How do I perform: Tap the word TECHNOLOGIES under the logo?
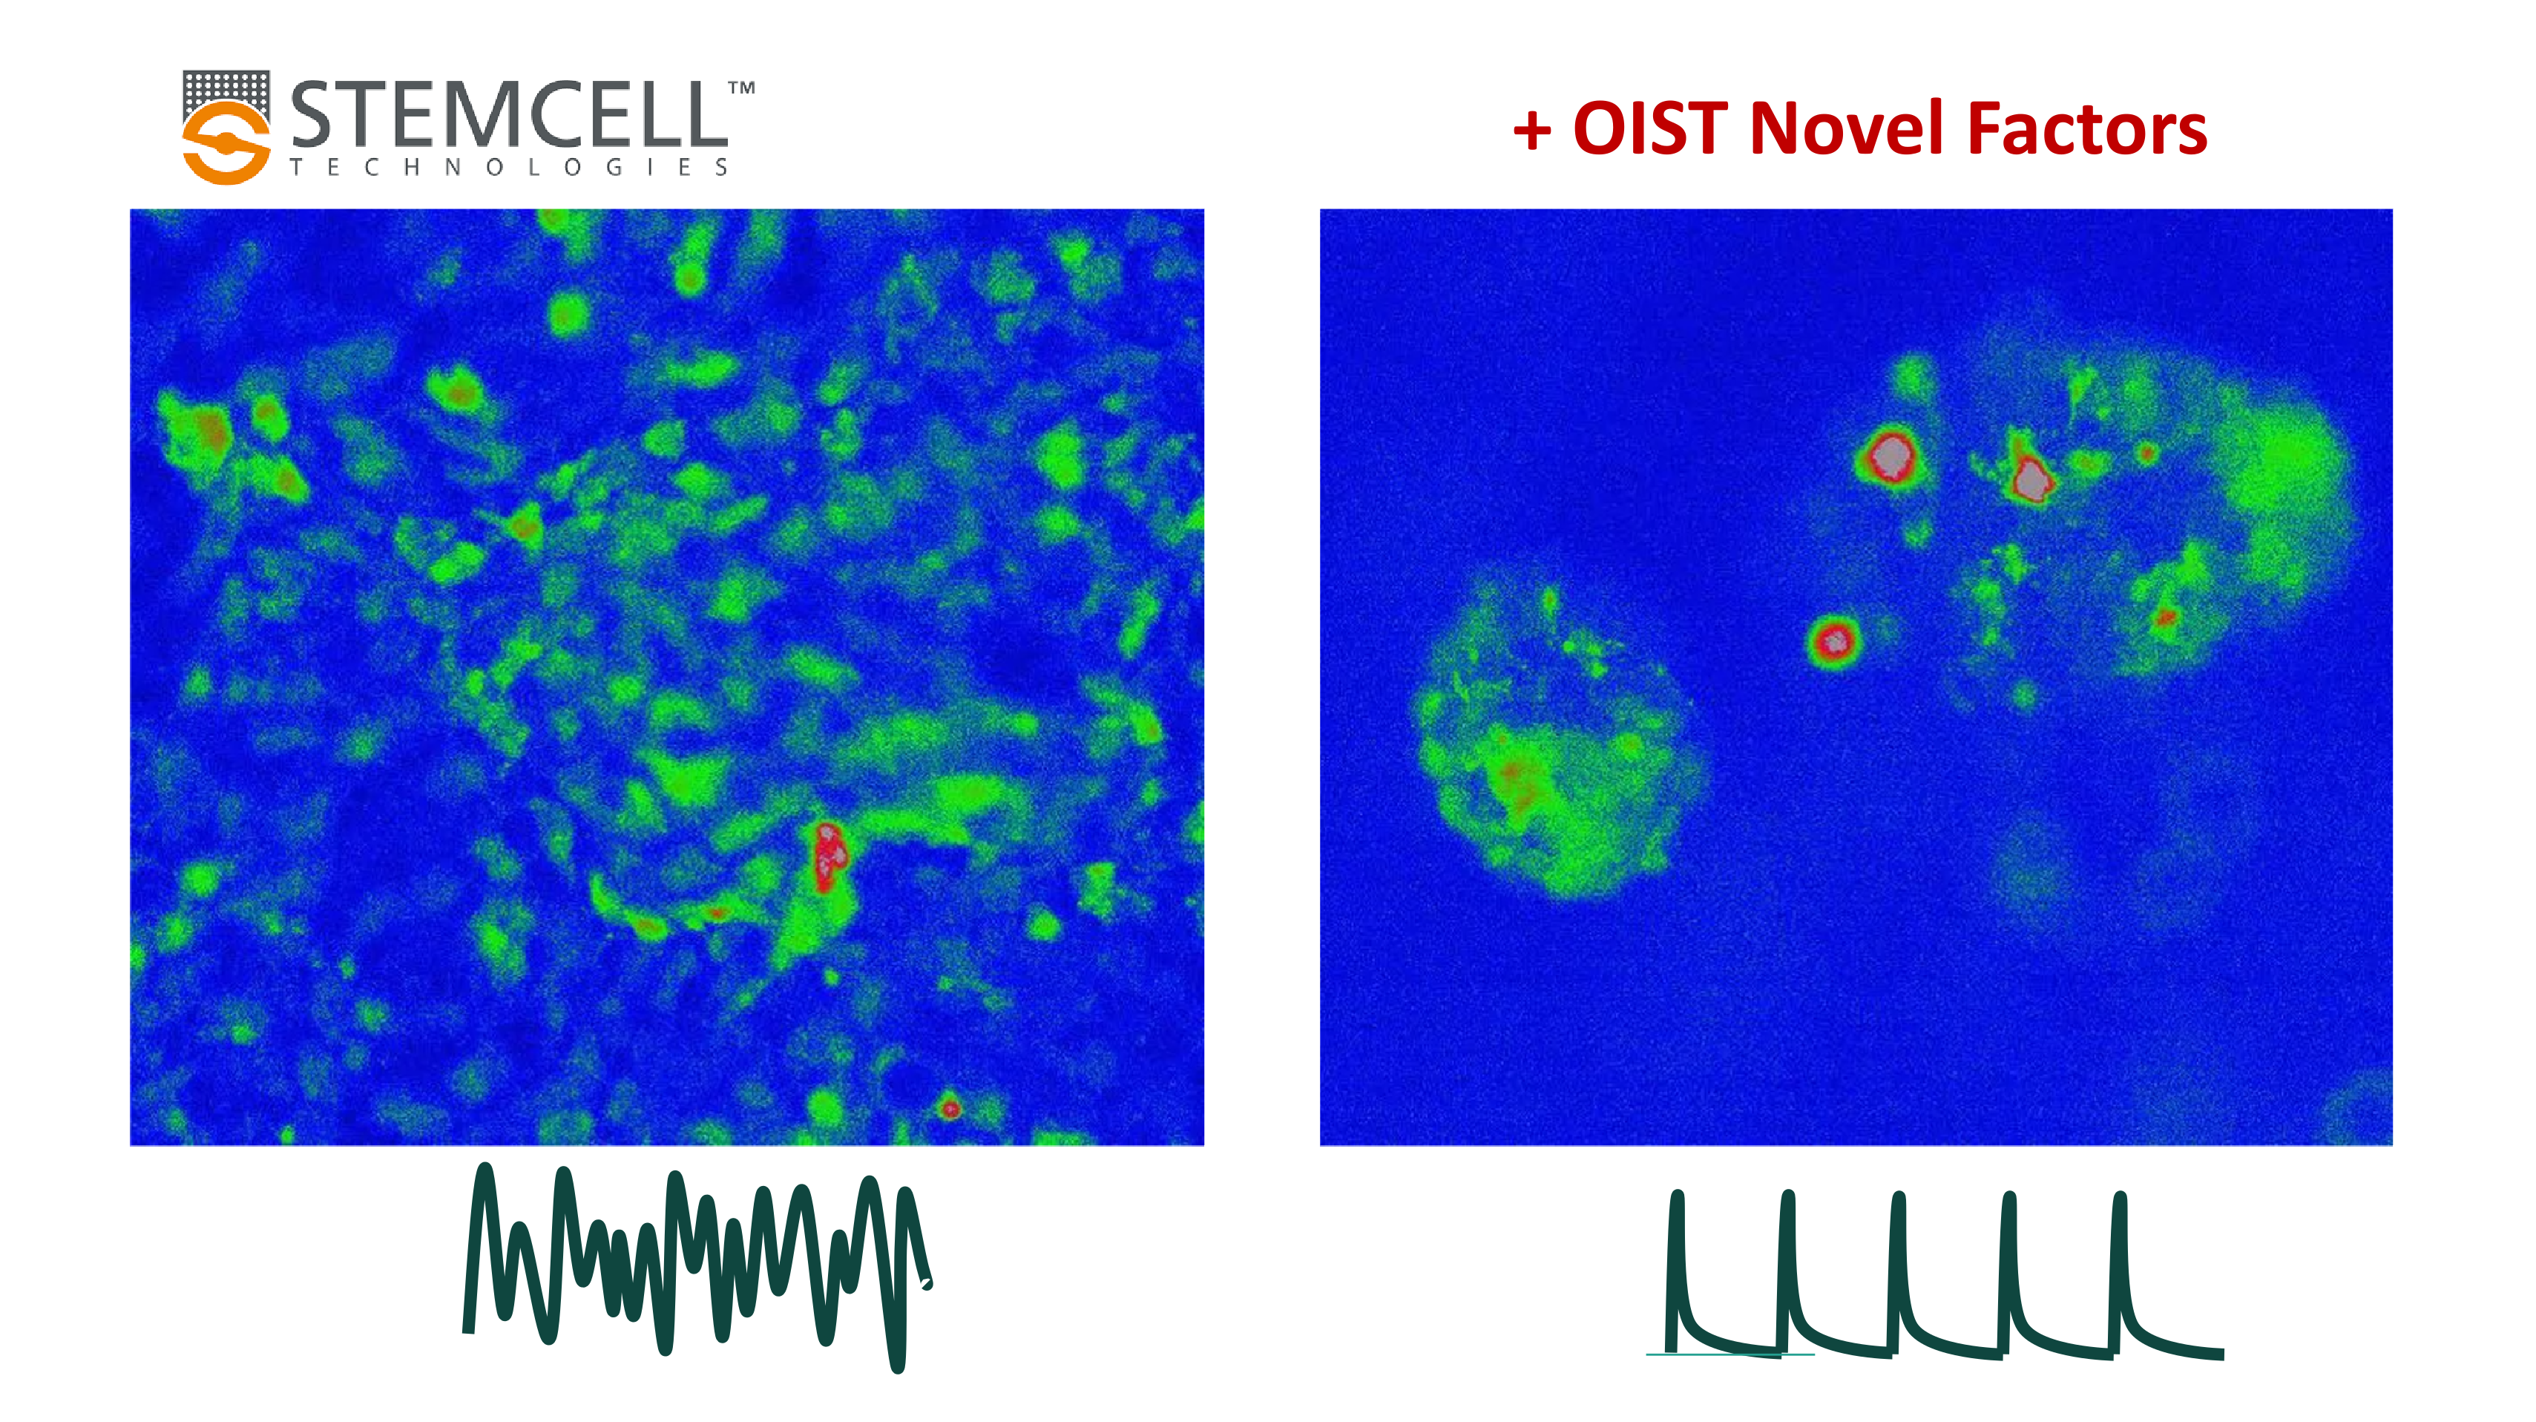508,168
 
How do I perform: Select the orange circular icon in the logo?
226,142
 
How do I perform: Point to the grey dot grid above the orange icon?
226,87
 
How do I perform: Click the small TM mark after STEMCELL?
741,88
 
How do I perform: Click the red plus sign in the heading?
1533,130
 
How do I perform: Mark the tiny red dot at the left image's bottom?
949,1109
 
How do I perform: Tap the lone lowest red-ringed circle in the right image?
1834,643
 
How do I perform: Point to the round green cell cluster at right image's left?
1551,738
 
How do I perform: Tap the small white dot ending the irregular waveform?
925,1283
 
